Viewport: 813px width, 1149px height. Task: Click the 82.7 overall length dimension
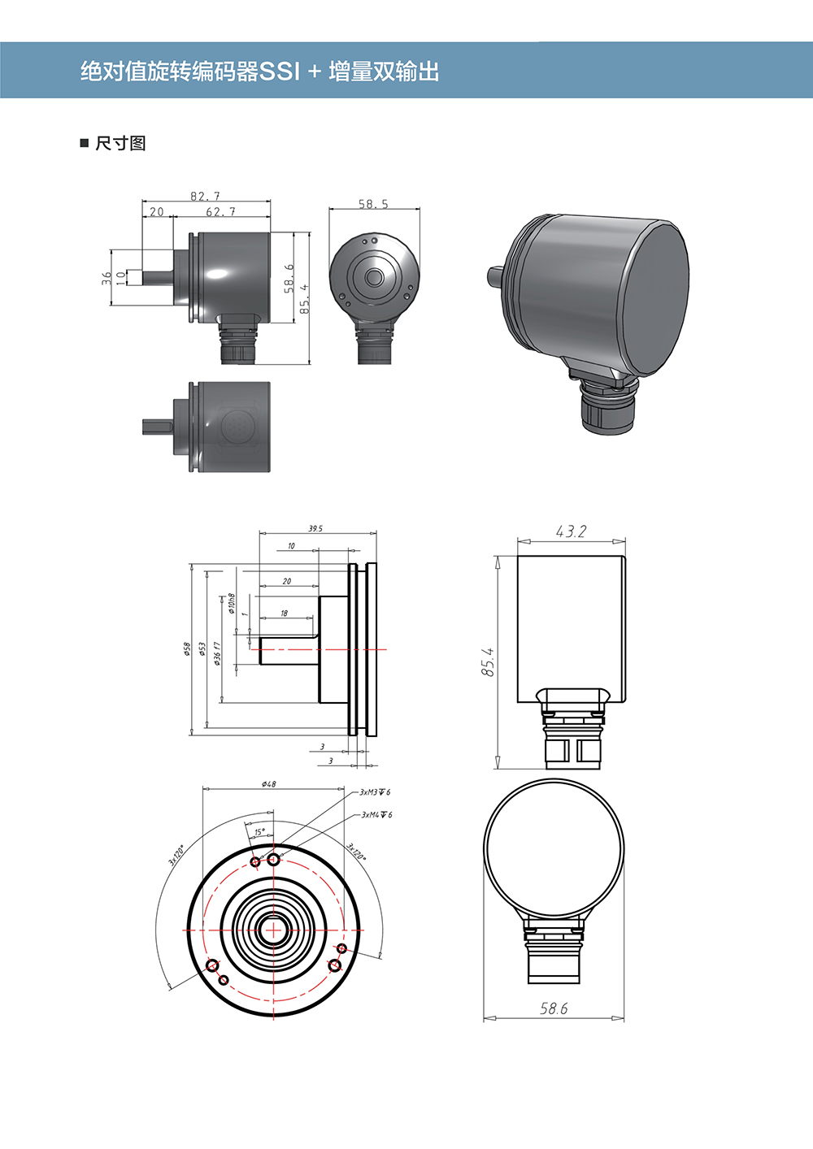(x=205, y=196)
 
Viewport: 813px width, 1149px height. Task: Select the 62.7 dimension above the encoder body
(x=220, y=212)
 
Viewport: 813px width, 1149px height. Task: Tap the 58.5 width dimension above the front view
(x=373, y=204)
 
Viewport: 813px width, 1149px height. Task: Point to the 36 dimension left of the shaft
(x=106, y=277)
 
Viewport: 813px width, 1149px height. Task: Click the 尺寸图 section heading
(x=120, y=144)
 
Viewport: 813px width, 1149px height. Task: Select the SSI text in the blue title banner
(x=279, y=72)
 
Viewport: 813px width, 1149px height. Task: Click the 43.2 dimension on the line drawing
(x=571, y=531)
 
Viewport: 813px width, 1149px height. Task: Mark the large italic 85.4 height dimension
(x=488, y=662)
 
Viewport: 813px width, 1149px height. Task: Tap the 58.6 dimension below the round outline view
(x=554, y=1008)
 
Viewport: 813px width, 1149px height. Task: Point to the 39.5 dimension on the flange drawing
(x=315, y=529)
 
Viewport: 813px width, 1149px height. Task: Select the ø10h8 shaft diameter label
(x=232, y=603)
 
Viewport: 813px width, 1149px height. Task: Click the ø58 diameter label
(x=187, y=648)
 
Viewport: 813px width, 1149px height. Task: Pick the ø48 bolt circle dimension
(x=269, y=784)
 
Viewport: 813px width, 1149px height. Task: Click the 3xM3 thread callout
(x=375, y=791)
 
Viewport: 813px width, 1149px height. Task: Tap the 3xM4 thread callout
(x=376, y=814)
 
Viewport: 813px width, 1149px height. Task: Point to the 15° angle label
(x=259, y=832)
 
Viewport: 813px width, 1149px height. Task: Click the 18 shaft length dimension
(x=284, y=614)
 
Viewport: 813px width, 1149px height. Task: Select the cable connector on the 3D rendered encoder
(x=606, y=406)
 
